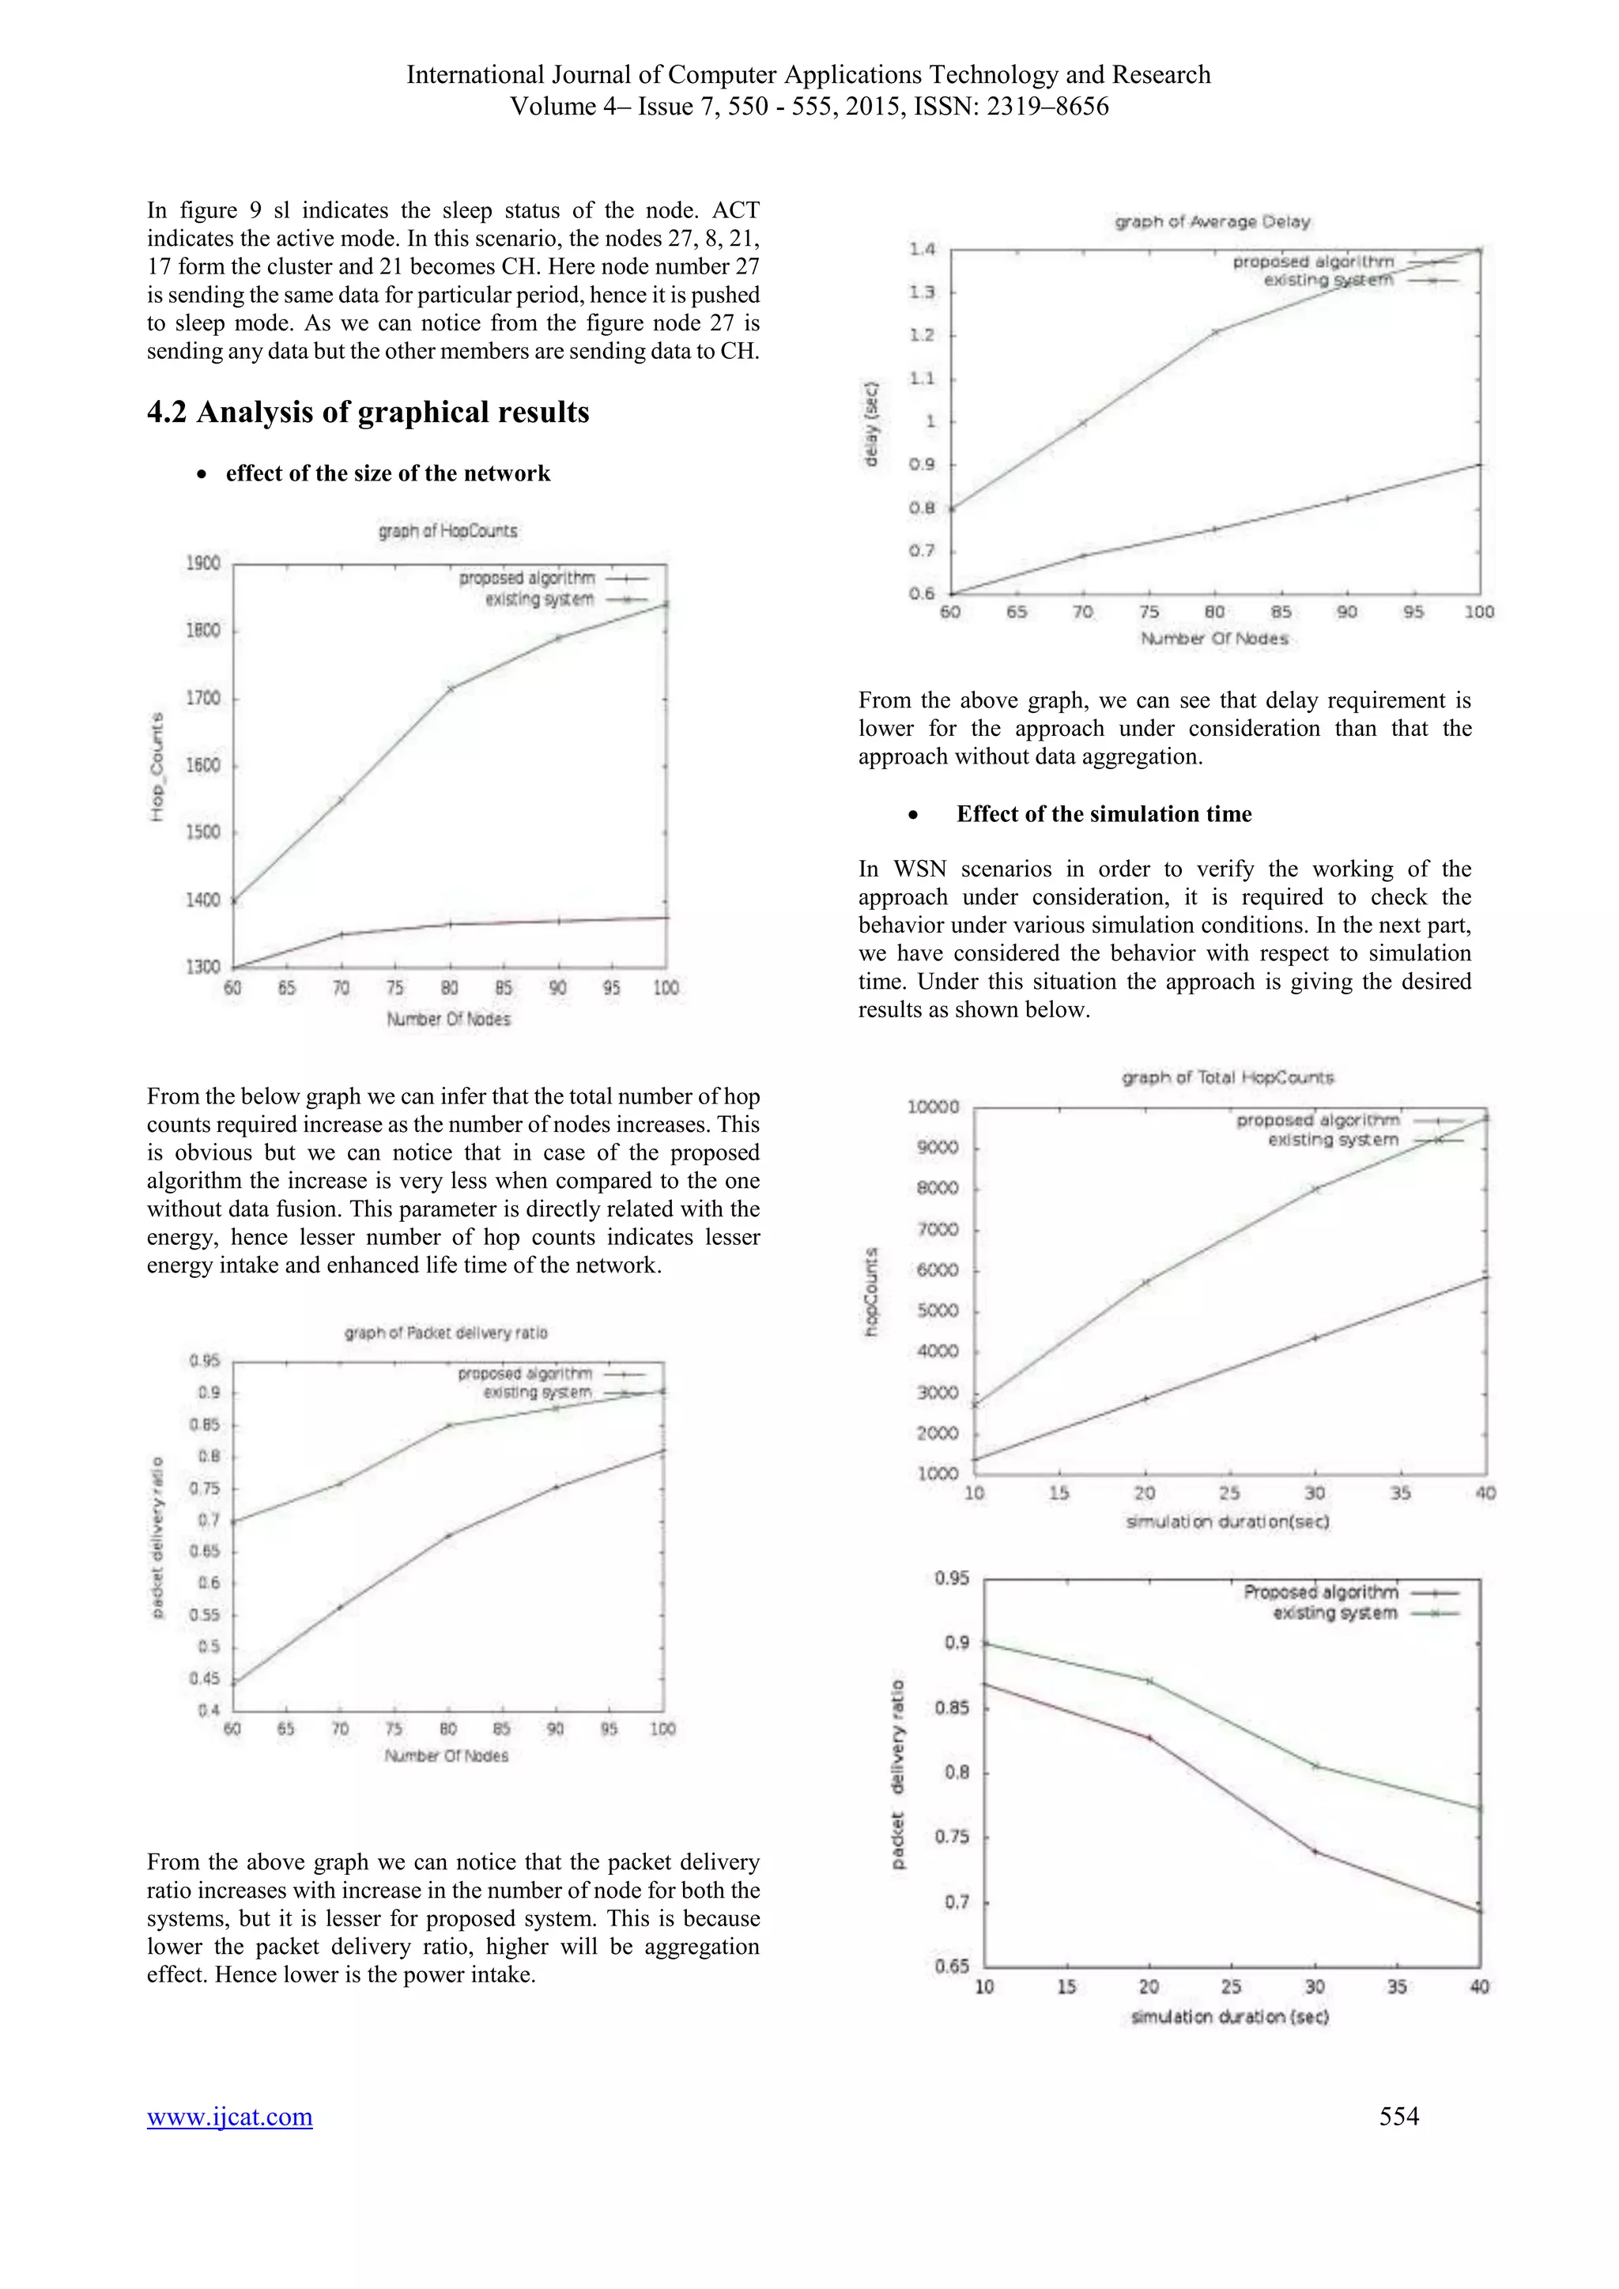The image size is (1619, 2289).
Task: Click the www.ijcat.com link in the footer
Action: pyautogui.click(x=229, y=2116)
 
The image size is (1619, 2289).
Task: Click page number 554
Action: pyautogui.click(x=1398, y=2116)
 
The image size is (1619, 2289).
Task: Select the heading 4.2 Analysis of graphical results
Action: pyautogui.click(x=368, y=412)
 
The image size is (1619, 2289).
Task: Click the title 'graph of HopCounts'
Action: pyautogui.click(x=447, y=531)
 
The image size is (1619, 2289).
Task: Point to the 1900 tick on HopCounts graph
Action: pyautogui.click(x=203, y=564)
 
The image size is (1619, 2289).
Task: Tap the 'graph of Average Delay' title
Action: pyautogui.click(x=1212, y=221)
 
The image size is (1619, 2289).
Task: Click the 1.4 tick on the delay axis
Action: pyautogui.click(x=923, y=249)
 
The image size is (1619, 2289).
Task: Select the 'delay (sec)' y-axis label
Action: pyautogui.click(x=871, y=424)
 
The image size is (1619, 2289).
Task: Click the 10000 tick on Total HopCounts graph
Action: pyautogui.click(x=933, y=1107)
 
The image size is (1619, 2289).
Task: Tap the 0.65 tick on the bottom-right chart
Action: pyautogui.click(x=952, y=1965)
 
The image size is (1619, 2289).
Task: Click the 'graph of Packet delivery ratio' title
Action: pyautogui.click(x=446, y=1333)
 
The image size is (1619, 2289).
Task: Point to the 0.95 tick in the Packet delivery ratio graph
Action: pyautogui.click(x=205, y=1361)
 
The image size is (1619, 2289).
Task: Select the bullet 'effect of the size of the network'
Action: pyautogui.click(x=388, y=473)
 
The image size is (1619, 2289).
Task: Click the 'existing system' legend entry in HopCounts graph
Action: pyautogui.click(x=539, y=599)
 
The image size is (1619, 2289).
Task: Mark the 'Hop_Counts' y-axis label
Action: pyautogui.click(x=157, y=767)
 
